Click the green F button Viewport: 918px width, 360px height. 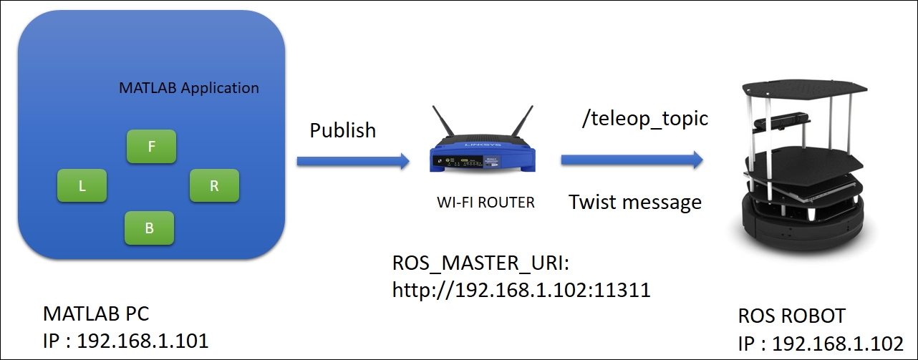pos(151,146)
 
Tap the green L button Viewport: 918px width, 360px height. pos(82,185)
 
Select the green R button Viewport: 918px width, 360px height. pos(214,185)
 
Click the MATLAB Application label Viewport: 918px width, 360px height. pos(189,88)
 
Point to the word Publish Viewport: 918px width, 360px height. pos(342,130)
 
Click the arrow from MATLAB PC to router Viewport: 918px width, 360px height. pos(353,161)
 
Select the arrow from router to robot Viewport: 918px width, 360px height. pos(632,160)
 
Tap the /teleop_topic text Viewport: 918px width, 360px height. pos(645,119)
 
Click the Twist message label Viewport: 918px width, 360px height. pos(635,203)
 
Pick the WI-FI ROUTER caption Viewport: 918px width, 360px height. pos(485,203)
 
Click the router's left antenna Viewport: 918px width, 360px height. pos(443,122)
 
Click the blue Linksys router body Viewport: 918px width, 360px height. pos(483,157)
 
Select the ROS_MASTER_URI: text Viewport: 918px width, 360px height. pos(480,263)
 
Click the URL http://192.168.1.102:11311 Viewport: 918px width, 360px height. pos(521,290)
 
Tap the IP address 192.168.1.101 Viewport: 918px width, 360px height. pos(142,341)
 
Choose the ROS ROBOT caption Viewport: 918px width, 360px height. pos(792,316)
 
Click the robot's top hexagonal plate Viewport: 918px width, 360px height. pos(805,89)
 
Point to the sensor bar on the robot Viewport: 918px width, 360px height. pos(782,120)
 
